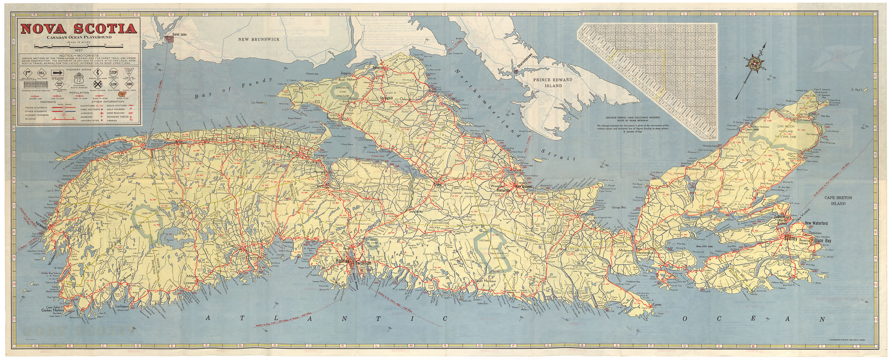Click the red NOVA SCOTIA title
tap(78, 29)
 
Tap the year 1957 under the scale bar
tap(78, 51)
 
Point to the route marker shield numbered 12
tap(79, 80)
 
